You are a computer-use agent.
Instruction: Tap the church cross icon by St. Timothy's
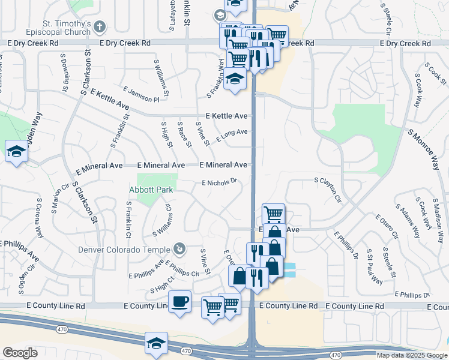pyautogui.click(x=100, y=26)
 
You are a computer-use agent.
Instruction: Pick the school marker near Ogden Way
pyautogui.click(x=15, y=151)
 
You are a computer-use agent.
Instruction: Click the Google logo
pyautogui.click(x=20, y=353)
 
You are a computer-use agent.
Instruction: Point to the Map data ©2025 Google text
pyautogui.click(x=411, y=355)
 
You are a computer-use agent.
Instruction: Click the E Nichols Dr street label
pyautogui.click(x=220, y=181)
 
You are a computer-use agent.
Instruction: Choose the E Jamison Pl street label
pyautogui.click(x=141, y=94)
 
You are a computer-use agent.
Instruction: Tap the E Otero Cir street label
pyautogui.click(x=386, y=226)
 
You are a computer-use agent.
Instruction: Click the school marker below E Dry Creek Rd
pyautogui.click(x=235, y=79)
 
